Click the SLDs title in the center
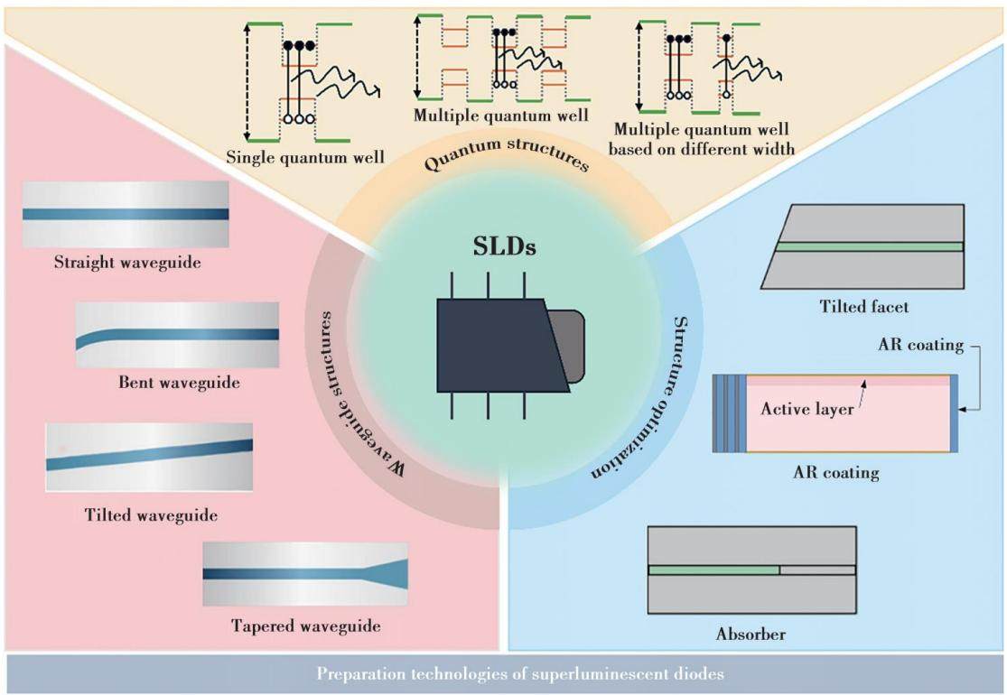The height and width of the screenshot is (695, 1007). click(504, 247)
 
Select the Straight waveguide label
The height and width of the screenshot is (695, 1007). click(127, 263)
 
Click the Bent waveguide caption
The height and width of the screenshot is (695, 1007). click(179, 383)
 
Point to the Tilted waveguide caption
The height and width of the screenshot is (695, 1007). click(151, 515)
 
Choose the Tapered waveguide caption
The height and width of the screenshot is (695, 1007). click(305, 625)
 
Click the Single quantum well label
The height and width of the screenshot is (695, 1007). click(305, 157)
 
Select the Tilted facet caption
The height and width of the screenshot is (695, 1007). click(863, 307)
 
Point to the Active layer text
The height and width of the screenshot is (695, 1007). click(807, 409)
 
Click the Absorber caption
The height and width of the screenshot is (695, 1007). click(751, 634)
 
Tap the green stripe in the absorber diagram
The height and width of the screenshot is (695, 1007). click(713, 570)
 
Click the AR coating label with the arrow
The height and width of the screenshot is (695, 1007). click(921, 346)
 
